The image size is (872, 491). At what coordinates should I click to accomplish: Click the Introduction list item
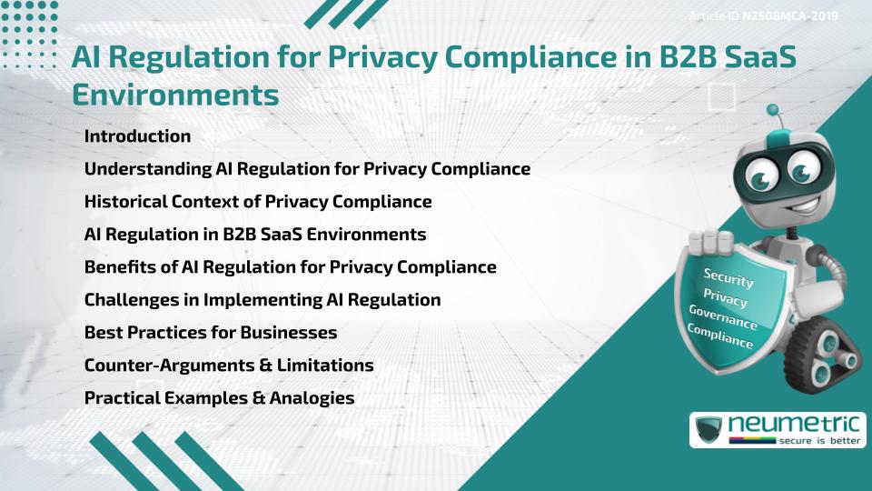point(137,136)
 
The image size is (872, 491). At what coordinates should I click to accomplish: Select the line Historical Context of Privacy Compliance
point(258,201)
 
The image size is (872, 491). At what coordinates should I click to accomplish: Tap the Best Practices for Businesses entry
point(211,332)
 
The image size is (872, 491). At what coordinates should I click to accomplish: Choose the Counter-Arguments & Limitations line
point(229,365)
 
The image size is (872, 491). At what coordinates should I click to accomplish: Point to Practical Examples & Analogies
point(219,397)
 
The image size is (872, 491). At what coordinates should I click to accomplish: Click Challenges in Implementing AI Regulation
point(263,299)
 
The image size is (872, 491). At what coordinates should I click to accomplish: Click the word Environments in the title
point(175,94)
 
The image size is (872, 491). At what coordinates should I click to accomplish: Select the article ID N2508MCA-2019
point(789,15)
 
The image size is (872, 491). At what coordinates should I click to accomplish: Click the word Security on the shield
point(729,278)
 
